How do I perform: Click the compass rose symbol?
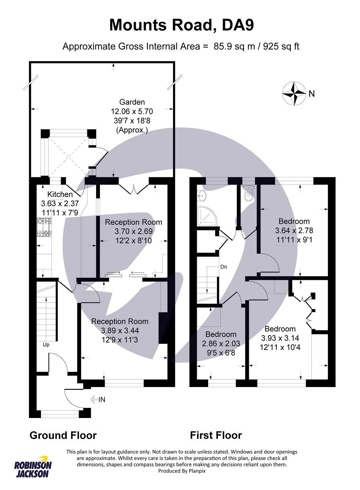tap(294, 93)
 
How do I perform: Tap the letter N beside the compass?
tap(312, 94)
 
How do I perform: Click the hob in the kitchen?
tap(44, 227)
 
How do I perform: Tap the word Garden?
tap(132, 102)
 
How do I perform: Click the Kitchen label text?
tap(60, 194)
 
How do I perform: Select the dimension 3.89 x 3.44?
tap(120, 330)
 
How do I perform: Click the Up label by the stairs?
tap(46, 345)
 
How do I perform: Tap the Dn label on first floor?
tap(224, 267)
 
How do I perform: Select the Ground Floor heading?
tap(63, 435)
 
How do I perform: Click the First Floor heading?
tap(216, 435)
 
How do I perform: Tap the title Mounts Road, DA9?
tap(181, 25)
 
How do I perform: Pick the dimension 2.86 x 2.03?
tap(221, 344)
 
